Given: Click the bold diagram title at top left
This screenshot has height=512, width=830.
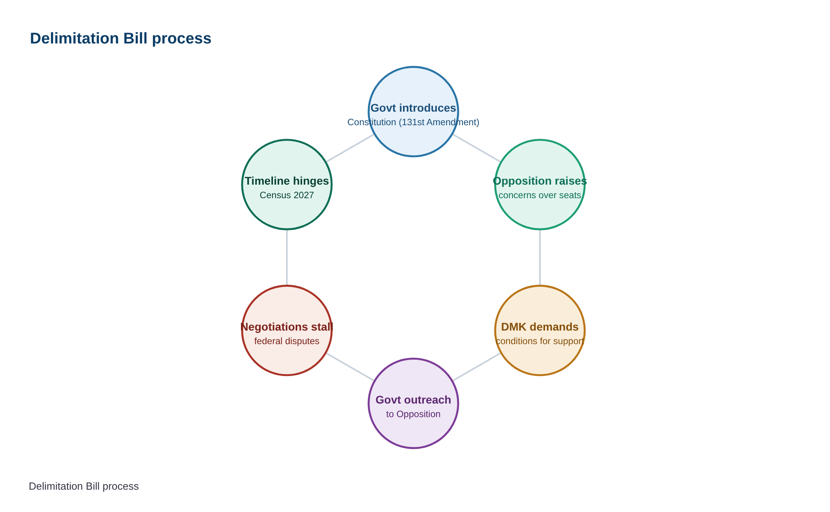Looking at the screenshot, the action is pos(121,39).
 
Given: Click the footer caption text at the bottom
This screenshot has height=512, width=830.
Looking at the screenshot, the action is pos(84,486).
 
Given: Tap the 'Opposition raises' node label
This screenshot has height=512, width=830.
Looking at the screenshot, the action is pos(540,181).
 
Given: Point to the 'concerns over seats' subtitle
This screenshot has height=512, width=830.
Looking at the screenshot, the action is pos(540,195).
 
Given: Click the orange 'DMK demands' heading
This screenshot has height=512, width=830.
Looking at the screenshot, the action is pos(540,327).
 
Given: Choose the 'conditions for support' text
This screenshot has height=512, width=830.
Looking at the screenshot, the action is pos(540,341).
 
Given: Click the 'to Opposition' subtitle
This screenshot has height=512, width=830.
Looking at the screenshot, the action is pos(413,414).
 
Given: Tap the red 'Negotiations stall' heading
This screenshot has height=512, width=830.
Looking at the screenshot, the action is pos(287,327).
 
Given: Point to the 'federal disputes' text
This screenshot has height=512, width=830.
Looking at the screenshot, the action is pos(287,341).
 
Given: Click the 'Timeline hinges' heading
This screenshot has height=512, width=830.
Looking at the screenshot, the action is pos(287,181).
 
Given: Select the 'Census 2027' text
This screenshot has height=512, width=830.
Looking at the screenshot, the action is pos(287,195).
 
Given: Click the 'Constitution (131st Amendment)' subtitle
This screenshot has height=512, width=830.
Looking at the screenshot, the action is pos(413,122).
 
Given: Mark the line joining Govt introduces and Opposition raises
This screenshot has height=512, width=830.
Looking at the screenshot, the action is pos(476,148).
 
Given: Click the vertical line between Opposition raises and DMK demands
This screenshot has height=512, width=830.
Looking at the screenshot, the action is pos(540,258).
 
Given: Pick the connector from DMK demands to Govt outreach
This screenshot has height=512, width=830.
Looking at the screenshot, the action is pos(476,367).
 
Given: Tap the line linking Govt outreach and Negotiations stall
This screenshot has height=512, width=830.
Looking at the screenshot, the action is pos(350,367).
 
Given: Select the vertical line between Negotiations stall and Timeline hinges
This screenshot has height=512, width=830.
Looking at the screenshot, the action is pos(287,258).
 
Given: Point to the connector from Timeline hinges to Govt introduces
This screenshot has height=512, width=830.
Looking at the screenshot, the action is pos(350,148).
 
